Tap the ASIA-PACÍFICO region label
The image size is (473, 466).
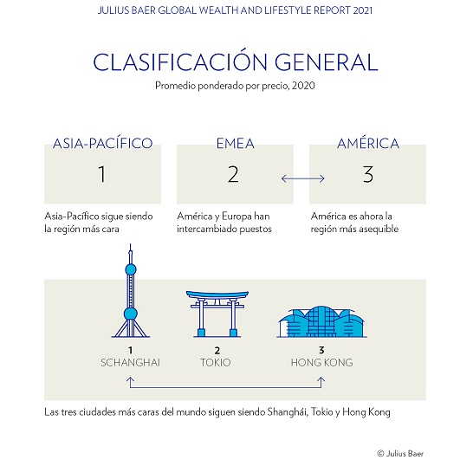pos(102,143)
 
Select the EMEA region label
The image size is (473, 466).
pos(236,144)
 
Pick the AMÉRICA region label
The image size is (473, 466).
pos(368,143)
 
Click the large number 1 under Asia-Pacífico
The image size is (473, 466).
pos(102,174)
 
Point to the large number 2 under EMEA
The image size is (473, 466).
pos(233,174)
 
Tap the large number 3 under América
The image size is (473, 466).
pos(368,174)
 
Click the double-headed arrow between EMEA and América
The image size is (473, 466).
pos(303,178)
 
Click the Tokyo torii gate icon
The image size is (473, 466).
pos(217,314)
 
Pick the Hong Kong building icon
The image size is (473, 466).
pos(322,321)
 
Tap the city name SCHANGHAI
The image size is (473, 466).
pos(130,362)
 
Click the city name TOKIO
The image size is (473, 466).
pos(216,362)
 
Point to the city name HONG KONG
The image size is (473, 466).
pos(322,362)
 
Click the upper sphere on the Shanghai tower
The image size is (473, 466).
pos(131,269)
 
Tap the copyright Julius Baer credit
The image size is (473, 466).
pos(400,453)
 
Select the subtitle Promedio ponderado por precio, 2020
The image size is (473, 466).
pos(235,86)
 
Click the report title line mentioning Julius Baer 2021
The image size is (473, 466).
pos(235,10)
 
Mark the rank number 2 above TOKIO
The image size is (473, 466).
pos(217,350)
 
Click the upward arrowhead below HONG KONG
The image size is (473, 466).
pos(321,379)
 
